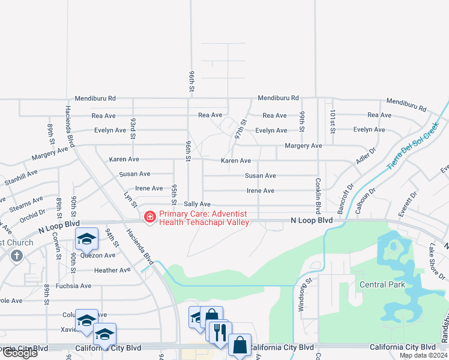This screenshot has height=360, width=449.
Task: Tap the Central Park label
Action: pos(382,284)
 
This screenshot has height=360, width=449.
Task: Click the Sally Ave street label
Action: pos(197,205)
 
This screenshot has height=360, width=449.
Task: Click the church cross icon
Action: pos(16,256)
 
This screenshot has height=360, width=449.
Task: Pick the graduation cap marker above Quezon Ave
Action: pos(86,239)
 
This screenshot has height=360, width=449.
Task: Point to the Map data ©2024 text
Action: pos(423,356)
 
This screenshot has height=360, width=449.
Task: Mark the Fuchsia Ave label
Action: pos(73,286)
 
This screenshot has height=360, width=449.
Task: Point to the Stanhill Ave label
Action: pos(21,177)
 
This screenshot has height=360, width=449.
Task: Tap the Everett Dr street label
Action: pos(411,203)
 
